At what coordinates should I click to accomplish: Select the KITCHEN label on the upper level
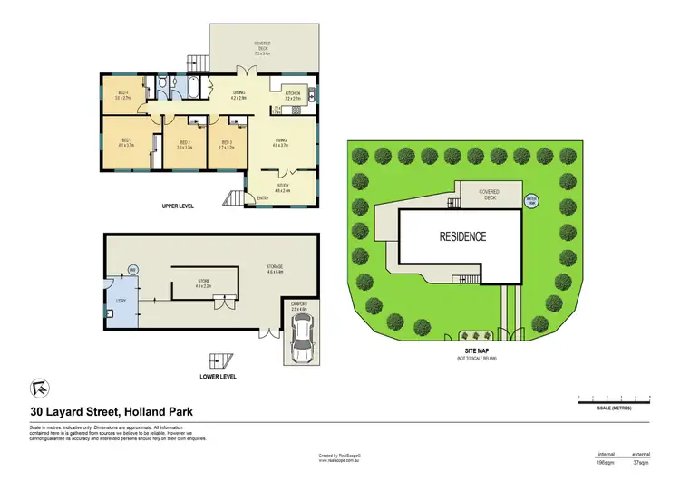[x=293, y=94]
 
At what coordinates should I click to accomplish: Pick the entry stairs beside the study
[x=236, y=198]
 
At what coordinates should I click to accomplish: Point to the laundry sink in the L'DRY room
[x=109, y=313]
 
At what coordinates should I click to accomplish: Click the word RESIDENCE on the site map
[x=462, y=237]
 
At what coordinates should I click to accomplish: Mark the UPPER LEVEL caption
[x=179, y=206]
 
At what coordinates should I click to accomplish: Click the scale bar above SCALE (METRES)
[x=613, y=398]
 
